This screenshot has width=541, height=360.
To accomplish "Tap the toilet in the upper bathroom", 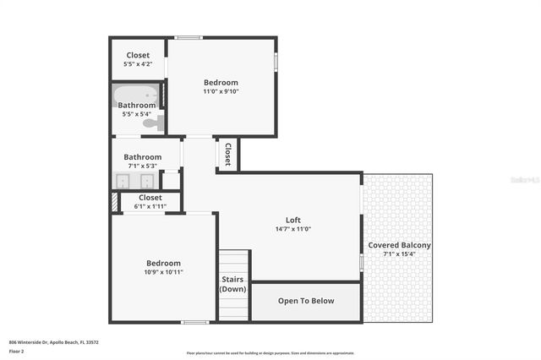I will coord(151,123).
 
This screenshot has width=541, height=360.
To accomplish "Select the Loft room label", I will coord(293,220).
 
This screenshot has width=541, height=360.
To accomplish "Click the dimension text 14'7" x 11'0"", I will coord(293,229).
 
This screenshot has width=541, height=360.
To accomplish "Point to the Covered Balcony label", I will coord(399,245).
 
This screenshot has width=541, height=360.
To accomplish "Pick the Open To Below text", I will coord(306,301).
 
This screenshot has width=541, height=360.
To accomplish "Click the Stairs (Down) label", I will coord(232,284).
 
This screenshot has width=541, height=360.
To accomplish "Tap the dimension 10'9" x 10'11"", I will coord(163,272).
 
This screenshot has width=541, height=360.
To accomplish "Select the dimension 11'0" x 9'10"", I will coord(221,91).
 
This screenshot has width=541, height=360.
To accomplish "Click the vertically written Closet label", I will coord(228,154).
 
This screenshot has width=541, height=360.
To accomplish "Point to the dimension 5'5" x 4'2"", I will coord(138,63).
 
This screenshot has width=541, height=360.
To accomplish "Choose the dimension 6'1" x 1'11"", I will coord(150,206).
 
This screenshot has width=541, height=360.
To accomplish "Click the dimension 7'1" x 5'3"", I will coord(143,166).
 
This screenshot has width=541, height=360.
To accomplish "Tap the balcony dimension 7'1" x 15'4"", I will coord(399,254).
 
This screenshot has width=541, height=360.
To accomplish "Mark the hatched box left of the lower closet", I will coord(114,203).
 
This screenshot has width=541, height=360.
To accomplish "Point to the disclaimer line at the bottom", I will coord(270,353).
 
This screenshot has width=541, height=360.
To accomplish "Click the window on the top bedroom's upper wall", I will coord(189,37).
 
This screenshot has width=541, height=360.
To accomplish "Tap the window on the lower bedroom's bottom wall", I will coord(195,322).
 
